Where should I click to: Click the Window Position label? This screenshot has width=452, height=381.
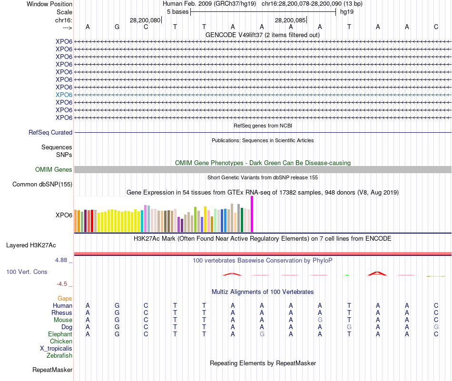pyautogui.click(x=49, y=4)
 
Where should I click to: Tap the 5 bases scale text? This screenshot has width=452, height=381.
pyautogui.click(x=177, y=11)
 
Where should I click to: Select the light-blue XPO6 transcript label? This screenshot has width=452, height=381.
pyautogui.click(x=64, y=95)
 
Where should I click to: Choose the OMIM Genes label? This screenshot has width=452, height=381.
pyautogui.click(x=54, y=170)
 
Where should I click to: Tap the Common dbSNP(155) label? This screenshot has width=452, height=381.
pyautogui.click(x=42, y=185)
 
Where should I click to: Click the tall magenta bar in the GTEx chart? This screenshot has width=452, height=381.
pyautogui.click(x=252, y=214)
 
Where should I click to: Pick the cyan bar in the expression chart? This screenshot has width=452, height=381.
pyautogui.click(x=142, y=221)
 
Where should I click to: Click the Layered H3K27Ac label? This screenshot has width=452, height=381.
pyautogui.click(x=31, y=245)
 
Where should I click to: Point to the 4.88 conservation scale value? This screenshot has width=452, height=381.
pyautogui.click(x=63, y=260)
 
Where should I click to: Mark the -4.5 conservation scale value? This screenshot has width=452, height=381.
pyautogui.click(x=63, y=284)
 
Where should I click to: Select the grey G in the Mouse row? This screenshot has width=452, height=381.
pyautogui.click(x=320, y=320)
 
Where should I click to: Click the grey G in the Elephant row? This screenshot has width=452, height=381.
pyautogui.click(x=262, y=334)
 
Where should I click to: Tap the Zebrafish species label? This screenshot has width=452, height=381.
pyautogui.click(x=59, y=355)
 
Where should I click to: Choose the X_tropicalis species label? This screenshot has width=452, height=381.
pyautogui.click(x=56, y=348)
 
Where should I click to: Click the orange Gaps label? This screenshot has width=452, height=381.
pyautogui.click(x=65, y=298)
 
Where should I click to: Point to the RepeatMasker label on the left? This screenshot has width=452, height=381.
pyautogui.click(x=52, y=370)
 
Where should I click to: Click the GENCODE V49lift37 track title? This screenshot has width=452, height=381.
pyautogui.click(x=262, y=35)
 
